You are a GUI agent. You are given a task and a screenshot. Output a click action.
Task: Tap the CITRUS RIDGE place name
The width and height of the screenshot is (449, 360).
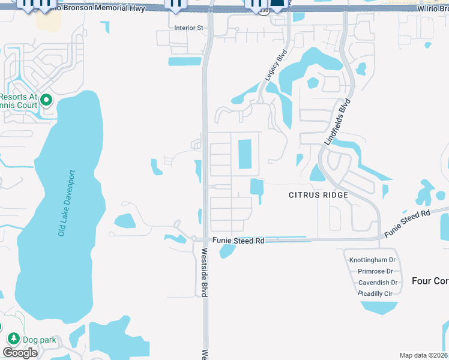[x=318, y=195]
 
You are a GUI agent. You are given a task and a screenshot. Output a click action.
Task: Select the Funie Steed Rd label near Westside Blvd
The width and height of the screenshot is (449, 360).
[x=238, y=241]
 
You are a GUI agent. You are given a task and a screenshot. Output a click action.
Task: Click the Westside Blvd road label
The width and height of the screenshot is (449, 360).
[x=204, y=272]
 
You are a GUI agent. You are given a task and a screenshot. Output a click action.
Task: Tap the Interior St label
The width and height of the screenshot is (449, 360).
[x=189, y=28]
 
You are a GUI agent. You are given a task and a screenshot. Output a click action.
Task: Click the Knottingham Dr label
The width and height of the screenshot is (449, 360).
[x=372, y=260]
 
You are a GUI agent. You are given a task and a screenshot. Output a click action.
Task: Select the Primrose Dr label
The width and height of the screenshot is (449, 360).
[x=375, y=271]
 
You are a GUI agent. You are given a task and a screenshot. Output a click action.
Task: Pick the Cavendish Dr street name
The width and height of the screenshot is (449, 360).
[x=376, y=283]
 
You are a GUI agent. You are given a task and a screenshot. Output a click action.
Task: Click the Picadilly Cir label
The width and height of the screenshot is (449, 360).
[x=375, y=293]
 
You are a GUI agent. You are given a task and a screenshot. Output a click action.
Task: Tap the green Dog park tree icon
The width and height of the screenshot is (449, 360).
[x=13, y=339]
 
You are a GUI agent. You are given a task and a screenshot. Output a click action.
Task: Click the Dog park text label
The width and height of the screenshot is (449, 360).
[x=40, y=340]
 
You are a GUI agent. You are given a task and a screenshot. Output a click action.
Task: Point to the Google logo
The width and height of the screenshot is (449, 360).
[x=20, y=353]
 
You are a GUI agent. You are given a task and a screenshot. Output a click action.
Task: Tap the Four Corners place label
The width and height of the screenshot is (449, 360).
[x=430, y=281]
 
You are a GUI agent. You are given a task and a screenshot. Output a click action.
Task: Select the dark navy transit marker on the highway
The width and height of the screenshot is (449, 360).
[x=277, y=6]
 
